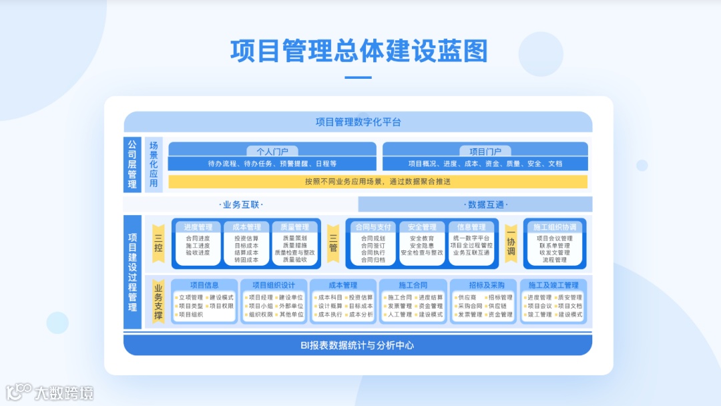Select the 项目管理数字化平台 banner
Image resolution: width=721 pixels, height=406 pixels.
[x=358, y=122]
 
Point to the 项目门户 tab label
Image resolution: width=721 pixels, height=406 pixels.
[x=485, y=152]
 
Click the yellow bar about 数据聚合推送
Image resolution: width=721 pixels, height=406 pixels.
[x=378, y=182]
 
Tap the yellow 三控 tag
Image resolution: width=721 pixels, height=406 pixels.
[x=158, y=242]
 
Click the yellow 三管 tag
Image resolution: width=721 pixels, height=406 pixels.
[x=333, y=242]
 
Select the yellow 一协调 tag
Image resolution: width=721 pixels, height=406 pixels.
[x=511, y=242]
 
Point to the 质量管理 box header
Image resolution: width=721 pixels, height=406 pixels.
[x=294, y=227]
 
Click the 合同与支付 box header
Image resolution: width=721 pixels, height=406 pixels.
[x=373, y=227]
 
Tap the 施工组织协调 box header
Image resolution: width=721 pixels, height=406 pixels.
[x=555, y=227]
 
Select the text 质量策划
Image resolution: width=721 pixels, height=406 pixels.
[x=294, y=238]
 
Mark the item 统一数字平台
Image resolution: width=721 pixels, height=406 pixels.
[x=471, y=238]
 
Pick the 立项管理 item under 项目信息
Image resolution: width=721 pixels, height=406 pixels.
[x=190, y=297]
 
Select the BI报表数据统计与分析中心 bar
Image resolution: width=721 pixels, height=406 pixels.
[x=358, y=345]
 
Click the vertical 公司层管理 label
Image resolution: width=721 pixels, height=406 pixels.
[x=132, y=164]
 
